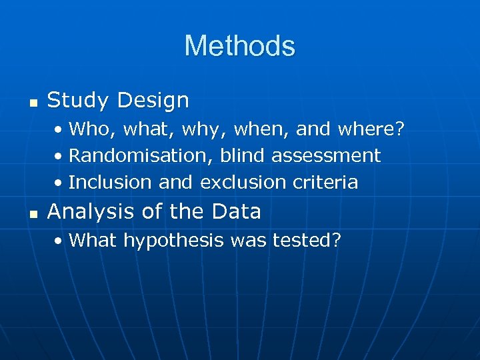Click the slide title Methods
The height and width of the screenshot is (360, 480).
coord(239,46)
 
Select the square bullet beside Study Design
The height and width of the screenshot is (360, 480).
coord(31,103)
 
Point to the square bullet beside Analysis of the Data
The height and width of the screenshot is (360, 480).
coord(31,213)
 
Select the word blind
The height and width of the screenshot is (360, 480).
coord(243,155)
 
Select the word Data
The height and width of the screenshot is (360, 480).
coord(236,211)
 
